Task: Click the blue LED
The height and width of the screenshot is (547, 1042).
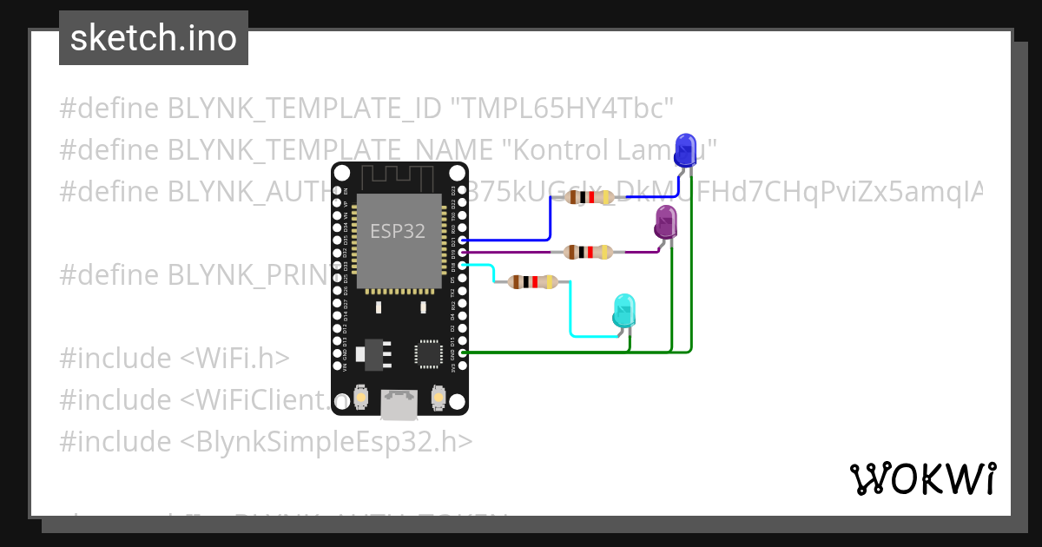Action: click(x=685, y=150)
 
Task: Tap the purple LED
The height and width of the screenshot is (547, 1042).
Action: click(x=666, y=221)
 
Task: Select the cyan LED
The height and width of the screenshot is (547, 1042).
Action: click(x=623, y=311)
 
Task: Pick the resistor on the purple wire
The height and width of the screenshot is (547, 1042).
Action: click(x=588, y=253)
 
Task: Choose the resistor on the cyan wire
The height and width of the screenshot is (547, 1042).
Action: click(x=532, y=281)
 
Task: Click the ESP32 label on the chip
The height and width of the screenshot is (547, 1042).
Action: click(x=398, y=231)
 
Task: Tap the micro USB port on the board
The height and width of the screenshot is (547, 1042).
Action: click(x=399, y=404)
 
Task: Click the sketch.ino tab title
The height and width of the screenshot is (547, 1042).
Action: click(x=154, y=38)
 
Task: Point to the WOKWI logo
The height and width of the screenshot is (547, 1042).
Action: click(x=922, y=478)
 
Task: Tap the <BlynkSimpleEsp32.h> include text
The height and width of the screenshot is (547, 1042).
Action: click(x=326, y=442)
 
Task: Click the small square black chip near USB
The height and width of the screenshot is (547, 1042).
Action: click(x=427, y=353)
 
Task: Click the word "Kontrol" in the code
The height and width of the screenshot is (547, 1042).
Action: click(x=551, y=149)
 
